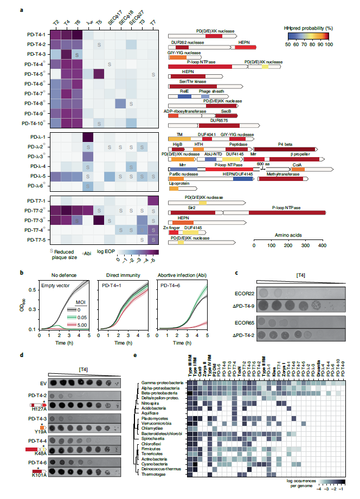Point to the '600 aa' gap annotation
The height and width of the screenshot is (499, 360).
point(263,164)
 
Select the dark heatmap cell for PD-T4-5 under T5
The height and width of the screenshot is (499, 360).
point(98,74)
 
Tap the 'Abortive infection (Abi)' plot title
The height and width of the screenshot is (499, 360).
point(179,275)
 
